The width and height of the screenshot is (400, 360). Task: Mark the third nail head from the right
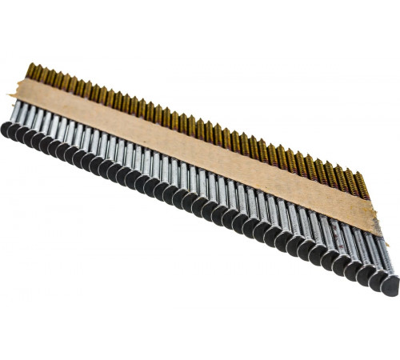click(364, 274)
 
